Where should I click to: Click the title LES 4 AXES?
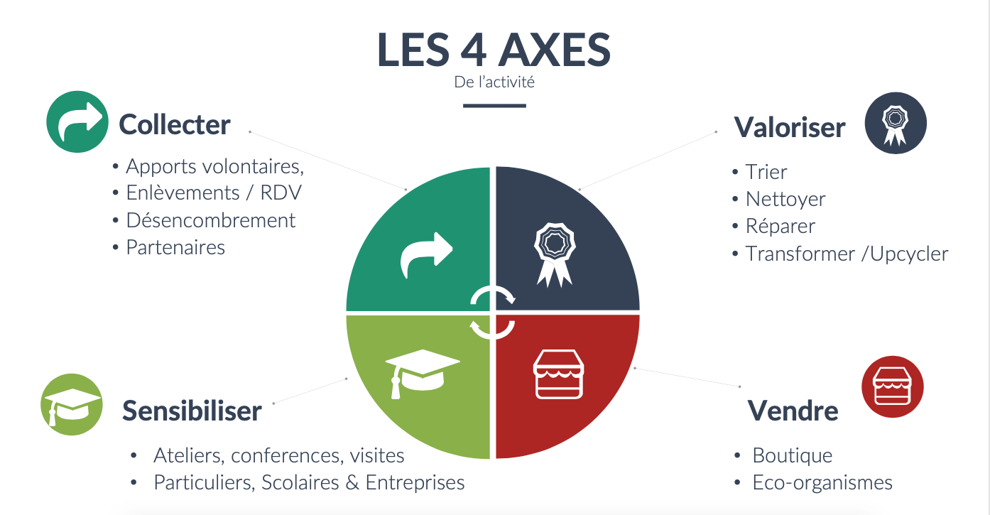tap(494, 50)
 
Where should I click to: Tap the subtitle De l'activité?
tap(494, 82)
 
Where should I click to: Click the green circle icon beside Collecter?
tap(77, 122)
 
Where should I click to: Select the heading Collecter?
tap(175, 124)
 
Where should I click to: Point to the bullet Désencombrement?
tap(211, 220)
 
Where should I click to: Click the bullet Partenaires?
tap(175, 247)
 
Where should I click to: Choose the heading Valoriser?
tap(790, 127)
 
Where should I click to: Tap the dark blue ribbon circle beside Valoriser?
tap(896, 123)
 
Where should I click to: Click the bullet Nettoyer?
tap(785, 199)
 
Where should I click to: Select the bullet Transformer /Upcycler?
tap(847, 254)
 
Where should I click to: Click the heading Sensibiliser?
tap(192, 411)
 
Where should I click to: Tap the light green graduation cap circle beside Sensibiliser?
tap(72, 404)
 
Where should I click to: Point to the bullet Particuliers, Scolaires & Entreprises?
tap(309, 482)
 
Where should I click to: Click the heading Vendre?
tap(793, 411)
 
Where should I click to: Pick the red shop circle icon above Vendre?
tap(892, 387)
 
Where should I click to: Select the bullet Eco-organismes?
tap(822, 482)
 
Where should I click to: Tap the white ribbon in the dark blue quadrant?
tap(555, 254)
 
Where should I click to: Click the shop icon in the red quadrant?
tap(559, 374)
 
